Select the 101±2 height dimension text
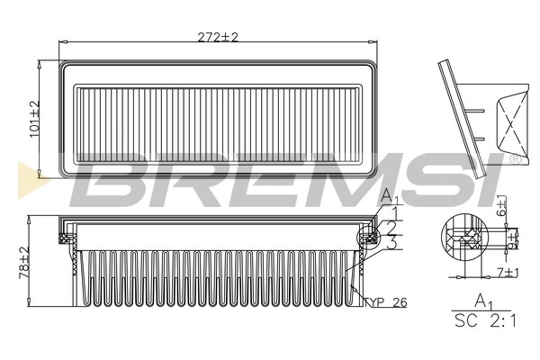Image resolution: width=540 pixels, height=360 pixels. point(35,118)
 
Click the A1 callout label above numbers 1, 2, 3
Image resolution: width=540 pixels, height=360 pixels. point(388,197)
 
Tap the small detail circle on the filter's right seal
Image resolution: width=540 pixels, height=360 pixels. point(367,238)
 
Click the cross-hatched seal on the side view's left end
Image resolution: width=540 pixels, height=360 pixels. point(67,238)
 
